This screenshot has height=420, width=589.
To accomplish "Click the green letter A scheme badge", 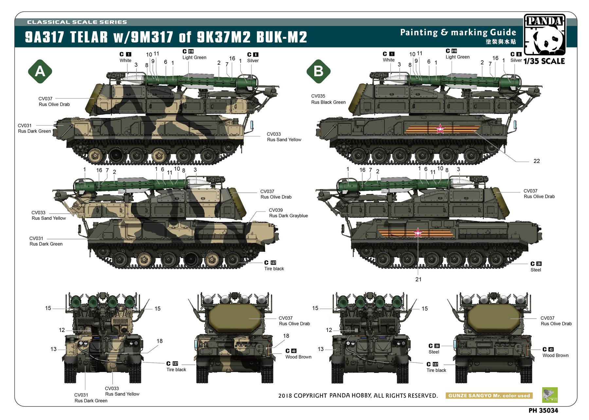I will click(x=40, y=71).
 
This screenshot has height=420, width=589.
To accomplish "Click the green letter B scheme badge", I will click(x=318, y=71).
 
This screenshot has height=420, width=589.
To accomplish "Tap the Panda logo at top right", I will click(x=544, y=34).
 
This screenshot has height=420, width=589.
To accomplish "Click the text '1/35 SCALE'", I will click(x=544, y=61).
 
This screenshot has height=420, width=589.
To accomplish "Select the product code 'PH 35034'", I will click(x=543, y=411).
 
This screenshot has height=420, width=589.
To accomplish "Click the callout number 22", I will click(x=537, y=161).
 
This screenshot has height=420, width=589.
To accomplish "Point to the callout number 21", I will click(x=418, y=279).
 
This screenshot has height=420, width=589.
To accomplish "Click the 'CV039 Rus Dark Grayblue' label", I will click(x=288, y=213).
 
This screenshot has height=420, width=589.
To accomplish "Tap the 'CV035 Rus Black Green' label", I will click(x=328, y=99).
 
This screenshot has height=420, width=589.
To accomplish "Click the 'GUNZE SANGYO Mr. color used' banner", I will click(x=489, y=395).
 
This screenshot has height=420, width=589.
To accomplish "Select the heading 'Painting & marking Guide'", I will click(x=458, y=32).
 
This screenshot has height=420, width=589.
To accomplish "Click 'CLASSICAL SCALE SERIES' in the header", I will click(x=77, y=22).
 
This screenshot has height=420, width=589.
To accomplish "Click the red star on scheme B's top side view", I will click(x=440, y=129).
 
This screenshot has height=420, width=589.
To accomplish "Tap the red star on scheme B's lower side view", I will click(x=418, y=233).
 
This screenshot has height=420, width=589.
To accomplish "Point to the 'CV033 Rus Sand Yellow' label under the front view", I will click(x=122, y=391).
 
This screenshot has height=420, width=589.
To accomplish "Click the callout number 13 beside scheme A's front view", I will click(x=54, y=349).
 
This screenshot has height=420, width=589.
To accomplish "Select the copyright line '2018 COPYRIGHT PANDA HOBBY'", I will click(x=358, y=395).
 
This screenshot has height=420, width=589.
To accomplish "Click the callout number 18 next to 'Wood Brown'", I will click(x=286, y=336).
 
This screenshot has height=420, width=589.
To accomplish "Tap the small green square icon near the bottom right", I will click(x=550, y=395).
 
